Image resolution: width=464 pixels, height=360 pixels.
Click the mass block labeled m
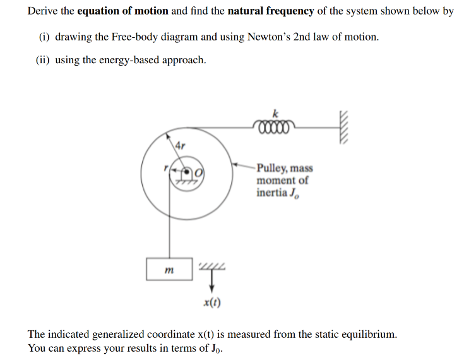[x=170, y=269]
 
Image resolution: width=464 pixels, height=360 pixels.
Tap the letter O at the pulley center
[x=199, y=171]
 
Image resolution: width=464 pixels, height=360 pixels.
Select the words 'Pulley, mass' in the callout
[x=285, y=168]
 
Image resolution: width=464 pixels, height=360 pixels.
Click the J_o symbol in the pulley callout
[x=294, y=193]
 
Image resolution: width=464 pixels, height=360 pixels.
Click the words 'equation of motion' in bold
[x=123, y=11]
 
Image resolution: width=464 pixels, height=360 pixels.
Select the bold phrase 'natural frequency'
[x=268, y=11]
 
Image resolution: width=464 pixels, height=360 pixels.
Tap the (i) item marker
[x=44, y=37]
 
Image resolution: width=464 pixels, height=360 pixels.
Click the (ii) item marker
[x=43, y=61]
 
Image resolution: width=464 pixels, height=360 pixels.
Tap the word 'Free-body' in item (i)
[x=133, y=37]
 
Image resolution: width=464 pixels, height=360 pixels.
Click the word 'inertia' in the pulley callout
[x=272, y=192]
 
